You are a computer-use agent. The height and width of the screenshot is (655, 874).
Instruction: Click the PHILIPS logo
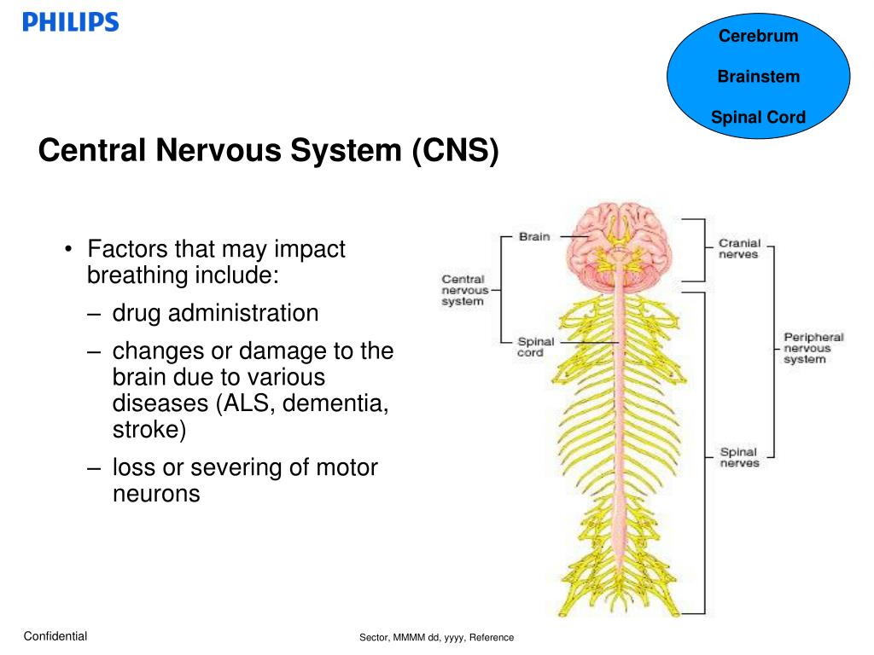click(71, 22)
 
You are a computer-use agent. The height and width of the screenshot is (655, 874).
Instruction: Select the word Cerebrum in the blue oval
click(758, 36)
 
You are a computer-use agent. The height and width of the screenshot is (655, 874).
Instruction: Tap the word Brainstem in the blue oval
click(758, 77)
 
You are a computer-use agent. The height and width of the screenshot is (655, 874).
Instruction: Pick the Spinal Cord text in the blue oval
click(758, 118)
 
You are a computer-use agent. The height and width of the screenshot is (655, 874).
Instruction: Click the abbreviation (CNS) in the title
click(454, 151)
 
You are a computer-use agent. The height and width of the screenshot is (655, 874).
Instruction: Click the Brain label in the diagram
click(534, 236)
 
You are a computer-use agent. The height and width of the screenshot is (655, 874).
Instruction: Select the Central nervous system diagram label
click(463, 290)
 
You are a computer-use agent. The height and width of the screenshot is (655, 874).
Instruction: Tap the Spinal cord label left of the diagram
click(536, 347)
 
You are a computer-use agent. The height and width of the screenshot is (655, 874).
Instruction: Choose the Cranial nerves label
click(738, 248)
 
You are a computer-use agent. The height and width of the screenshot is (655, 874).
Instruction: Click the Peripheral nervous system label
click(813, 348)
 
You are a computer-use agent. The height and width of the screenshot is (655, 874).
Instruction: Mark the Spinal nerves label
click(738, 457)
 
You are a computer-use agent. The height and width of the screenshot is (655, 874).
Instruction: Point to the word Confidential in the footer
click(55, 635)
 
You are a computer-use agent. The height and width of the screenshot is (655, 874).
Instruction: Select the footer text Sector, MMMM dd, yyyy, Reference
click(436, 637)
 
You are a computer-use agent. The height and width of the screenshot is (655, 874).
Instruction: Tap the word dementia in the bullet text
click(336, 403)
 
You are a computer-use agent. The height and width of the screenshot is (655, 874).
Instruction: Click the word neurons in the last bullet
click(156, 493)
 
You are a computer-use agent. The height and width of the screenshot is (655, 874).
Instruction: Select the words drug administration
click(215, 313)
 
